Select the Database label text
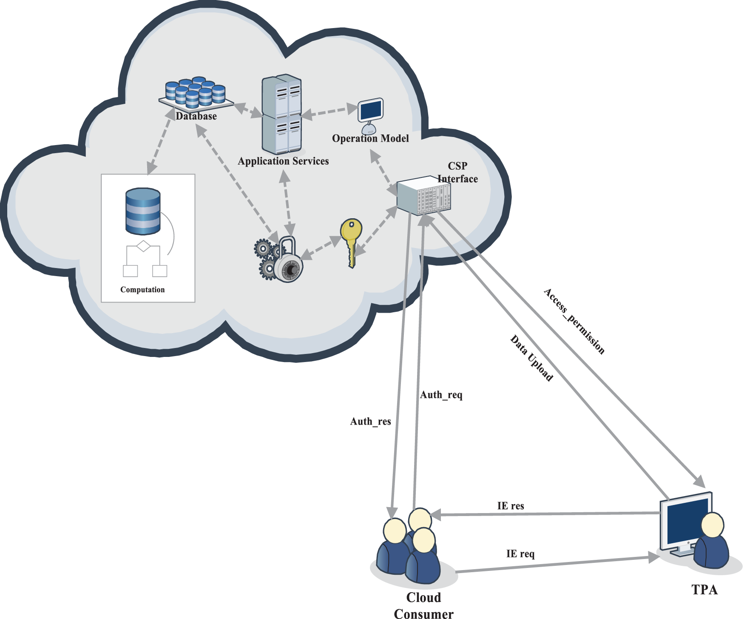[196, 116]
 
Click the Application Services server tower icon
[282, 114]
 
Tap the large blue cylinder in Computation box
[143, 211]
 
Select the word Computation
[142, 290]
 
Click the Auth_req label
[441, 395]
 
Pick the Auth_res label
[370, 421]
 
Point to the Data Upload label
[531, 358]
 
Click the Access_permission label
[574, 322]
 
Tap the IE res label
[510, 506]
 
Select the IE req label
[520, 553]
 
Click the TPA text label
[704, 590]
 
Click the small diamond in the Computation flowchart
[143, 246]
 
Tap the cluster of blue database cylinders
[195, 91]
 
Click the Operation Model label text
[370, 138]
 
